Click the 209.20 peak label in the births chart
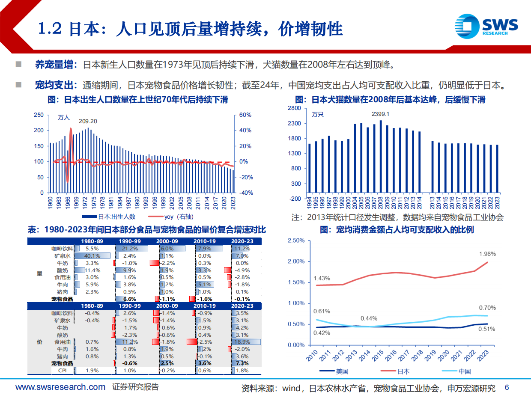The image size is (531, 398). click(x=88, y=122)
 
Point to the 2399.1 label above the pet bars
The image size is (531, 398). click(x=380, y=114)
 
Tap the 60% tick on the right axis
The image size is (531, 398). click(x=245, y=115)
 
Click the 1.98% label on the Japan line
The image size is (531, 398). click(x=487, y=254)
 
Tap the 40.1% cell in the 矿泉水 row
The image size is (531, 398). click(x=92, y=255)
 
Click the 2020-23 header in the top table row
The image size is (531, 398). click(x=242, y=241)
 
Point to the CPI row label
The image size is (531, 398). click(x=63, y=371)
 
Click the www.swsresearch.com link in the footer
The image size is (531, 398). click(x=60, y=387)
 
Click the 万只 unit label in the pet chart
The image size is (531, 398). click(x=317, y=115)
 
